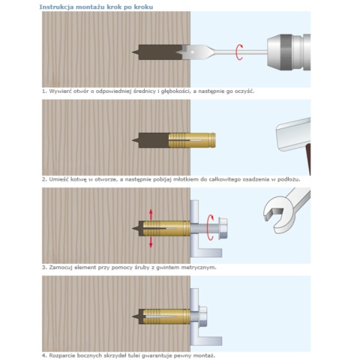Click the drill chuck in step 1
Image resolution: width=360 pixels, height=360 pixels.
(x=289, y=52)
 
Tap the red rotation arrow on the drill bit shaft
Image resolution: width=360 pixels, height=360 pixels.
(x=239, y=52)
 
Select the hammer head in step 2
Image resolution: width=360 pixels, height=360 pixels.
(x=293, y=135)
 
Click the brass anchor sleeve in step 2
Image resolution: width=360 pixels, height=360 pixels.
(x=192, y=140)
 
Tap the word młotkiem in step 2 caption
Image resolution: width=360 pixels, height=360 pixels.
(x=184, y=179)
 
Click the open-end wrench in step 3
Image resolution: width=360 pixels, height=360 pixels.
(x=285, y=210)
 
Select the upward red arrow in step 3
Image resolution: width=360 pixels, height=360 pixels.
(x=151, y=214)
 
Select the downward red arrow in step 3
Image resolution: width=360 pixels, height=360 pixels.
(x=151, y=241)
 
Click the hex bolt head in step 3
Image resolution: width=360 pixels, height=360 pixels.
(x=223, y=228)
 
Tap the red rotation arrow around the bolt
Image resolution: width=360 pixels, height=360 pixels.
(x=211, y=227)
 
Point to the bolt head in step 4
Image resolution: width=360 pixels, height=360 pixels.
(x=202, y=316)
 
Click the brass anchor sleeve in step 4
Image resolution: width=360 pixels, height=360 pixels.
(x=166, y=316)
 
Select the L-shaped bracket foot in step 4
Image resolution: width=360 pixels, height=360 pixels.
(x=210, y=340)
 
